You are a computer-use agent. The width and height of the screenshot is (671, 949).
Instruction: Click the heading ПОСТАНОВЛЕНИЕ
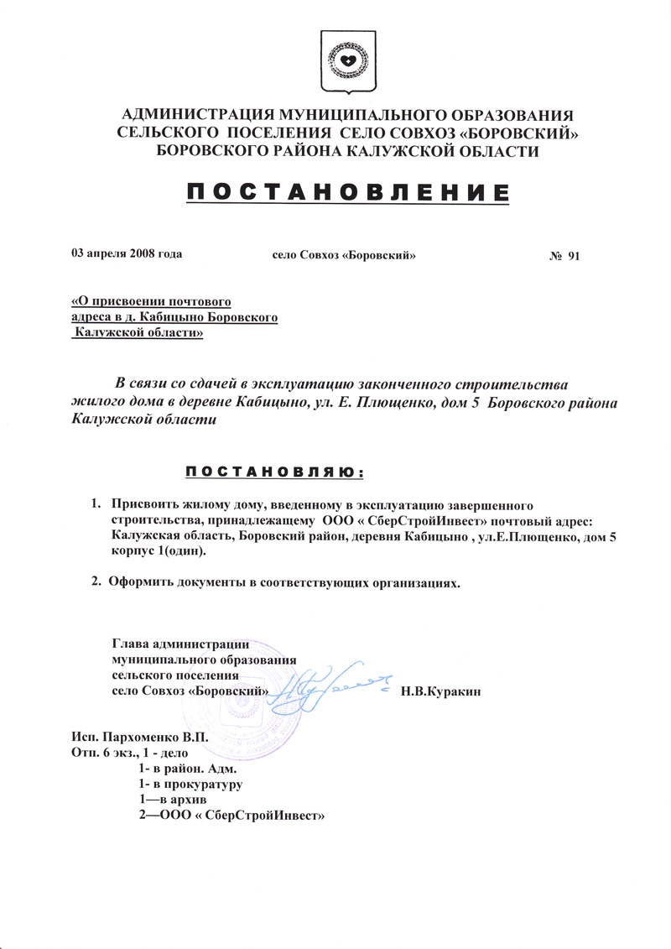[x=346, y=193]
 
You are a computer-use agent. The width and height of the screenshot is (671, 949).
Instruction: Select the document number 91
[x=574, y=256]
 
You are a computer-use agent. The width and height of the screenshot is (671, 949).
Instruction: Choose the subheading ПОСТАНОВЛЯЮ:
[x=274, y=472]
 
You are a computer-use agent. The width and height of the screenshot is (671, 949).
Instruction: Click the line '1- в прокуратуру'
[x=190, y=785]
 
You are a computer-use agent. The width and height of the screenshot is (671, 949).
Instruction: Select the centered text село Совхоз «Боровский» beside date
[x=346, y=253]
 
